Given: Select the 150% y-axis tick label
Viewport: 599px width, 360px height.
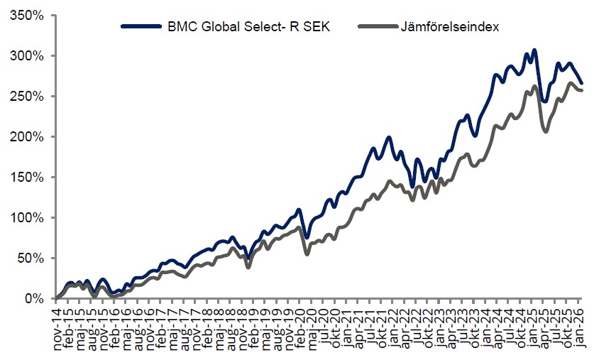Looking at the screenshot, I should (31, 178).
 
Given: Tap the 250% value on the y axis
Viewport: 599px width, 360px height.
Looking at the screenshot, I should (31, 97).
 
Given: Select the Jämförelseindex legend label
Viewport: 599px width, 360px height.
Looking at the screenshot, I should (449, 27).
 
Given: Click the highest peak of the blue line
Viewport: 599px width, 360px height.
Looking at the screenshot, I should (534, 50).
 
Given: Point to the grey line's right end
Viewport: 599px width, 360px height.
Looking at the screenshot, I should (583, 90).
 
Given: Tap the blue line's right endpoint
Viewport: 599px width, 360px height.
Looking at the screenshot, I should (582, 83).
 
